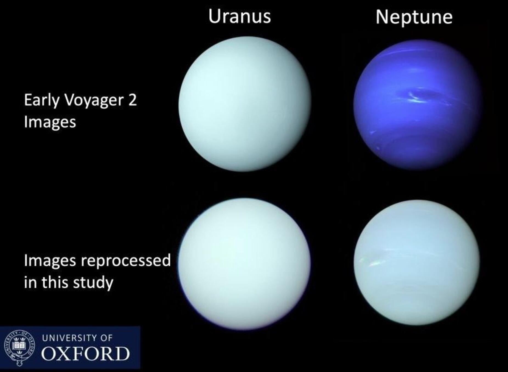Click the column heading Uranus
click(x=239, y=16)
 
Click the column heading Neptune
click(x=414, y=17)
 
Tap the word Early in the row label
click(x=41, y=100)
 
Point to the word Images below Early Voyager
click(x=50, y=122)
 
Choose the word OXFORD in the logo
click(x=85, y=354)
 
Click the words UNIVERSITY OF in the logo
click(x=77, y=338)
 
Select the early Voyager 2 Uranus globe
click(x=245, y=104)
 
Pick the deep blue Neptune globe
click(x=417, y=104)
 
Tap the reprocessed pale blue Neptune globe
click(x=417, y=263)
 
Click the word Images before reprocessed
click(x=50, y=260)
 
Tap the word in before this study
click(x=30, y=282)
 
